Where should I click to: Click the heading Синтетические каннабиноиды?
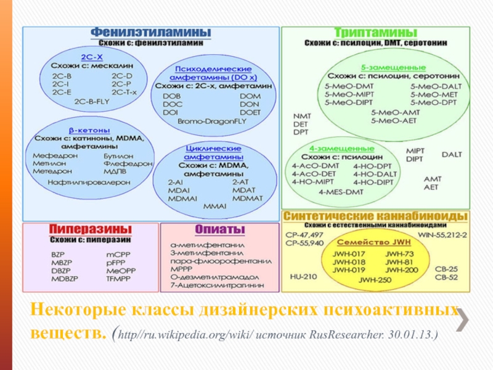(x=375, y=216)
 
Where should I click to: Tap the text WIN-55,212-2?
(x=442, y=234)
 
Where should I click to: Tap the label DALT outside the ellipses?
(x=451, y=154)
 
